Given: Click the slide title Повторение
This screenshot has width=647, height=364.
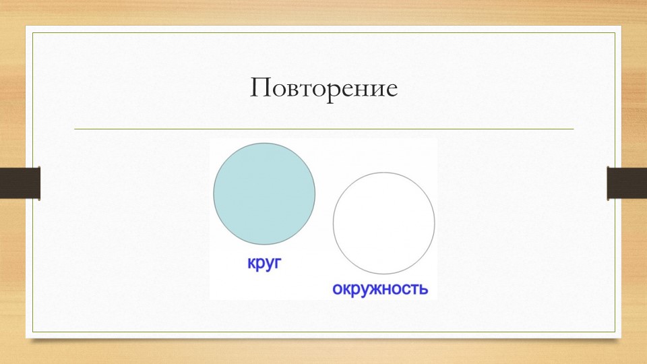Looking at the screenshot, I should [323, 89].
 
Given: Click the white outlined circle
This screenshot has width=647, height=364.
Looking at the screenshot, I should [383, 223].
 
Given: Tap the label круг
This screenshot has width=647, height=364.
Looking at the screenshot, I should [263, 264].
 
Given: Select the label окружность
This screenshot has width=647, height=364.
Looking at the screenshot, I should [380, 289].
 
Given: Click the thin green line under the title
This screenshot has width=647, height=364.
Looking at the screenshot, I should [323, 129].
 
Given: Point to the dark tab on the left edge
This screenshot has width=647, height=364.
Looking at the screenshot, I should [20, 183].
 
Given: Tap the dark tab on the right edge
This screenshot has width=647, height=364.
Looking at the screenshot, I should [627, 183].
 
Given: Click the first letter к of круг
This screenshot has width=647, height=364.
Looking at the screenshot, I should [251, 264].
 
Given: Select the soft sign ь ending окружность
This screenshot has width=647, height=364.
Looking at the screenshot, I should [423, 289].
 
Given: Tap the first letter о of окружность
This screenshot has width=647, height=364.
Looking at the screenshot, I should [337, 289].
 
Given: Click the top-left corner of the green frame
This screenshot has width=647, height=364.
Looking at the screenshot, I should [33, 32].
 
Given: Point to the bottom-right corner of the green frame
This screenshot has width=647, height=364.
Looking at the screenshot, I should [615, 332].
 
